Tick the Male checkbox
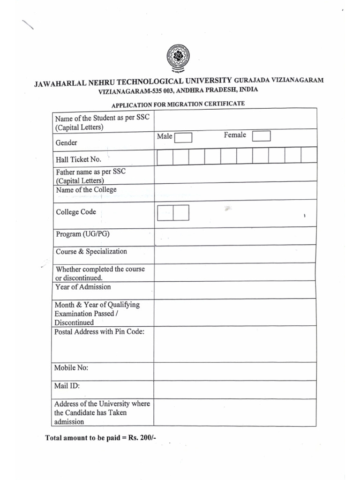coord(183,138)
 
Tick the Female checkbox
coord(261,136)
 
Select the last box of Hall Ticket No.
coord(309,155)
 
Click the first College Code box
coord(165,213)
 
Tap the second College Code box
coord(181,213)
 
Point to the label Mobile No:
coord(72,368)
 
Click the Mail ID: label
coord(67,386)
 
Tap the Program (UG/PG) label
coord(83,234)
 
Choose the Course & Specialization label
coord(91,252)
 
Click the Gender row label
coord(67,142)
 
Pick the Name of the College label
coord(86,190)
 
